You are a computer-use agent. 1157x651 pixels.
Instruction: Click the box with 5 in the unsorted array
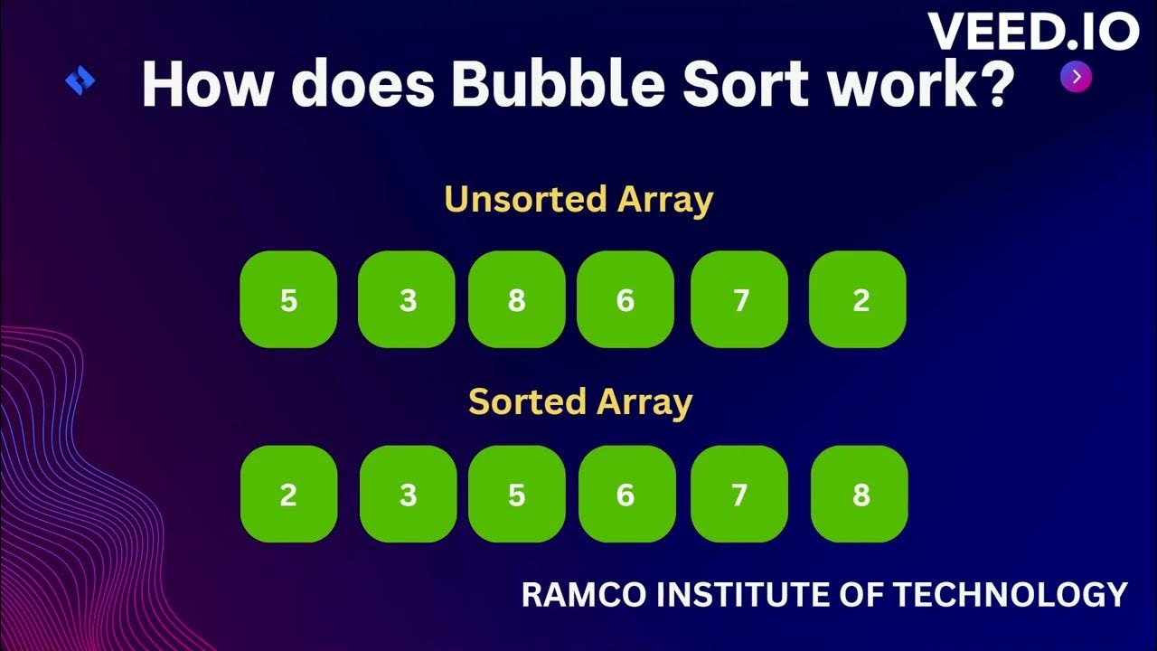pyautogui.click(x=288, y=299)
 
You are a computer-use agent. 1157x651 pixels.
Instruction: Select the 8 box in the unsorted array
pyautogui.click(x=516, y=299)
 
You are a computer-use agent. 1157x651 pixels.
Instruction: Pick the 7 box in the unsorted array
pyautogui.click(x=739, y=299)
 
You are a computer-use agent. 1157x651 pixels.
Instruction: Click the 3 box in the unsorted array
pyautogui.click(x=407, y=299)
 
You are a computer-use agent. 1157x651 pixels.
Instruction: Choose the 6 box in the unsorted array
pyautogui.click(x=626, y=299)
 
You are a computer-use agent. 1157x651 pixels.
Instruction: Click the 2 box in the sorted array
pyautogui.click(x=288, y=494)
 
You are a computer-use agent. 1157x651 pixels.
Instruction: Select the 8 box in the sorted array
pyautogui.click(x=860, y=494)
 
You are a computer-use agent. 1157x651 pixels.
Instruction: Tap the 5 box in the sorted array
pyautogui.click(x=516, y=494)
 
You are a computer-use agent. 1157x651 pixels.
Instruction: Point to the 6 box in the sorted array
pyautogui.click(x=626, y=494)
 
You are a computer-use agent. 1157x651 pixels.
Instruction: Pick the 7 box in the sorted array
pyautogui.click(x=739, y=494)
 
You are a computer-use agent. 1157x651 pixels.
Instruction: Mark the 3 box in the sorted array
pyautogui.click(x=408, y=494)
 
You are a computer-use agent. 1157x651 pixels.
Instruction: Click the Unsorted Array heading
pyautogui.click(x=578, y=199)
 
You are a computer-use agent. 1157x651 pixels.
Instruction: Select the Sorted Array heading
pyautogui.click(x=579, y=401)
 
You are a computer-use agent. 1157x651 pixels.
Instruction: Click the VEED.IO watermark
pyautogui.click(x=1032, y=33)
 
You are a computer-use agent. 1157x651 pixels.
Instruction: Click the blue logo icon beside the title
pyautogui.click(x=80, y=81)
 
